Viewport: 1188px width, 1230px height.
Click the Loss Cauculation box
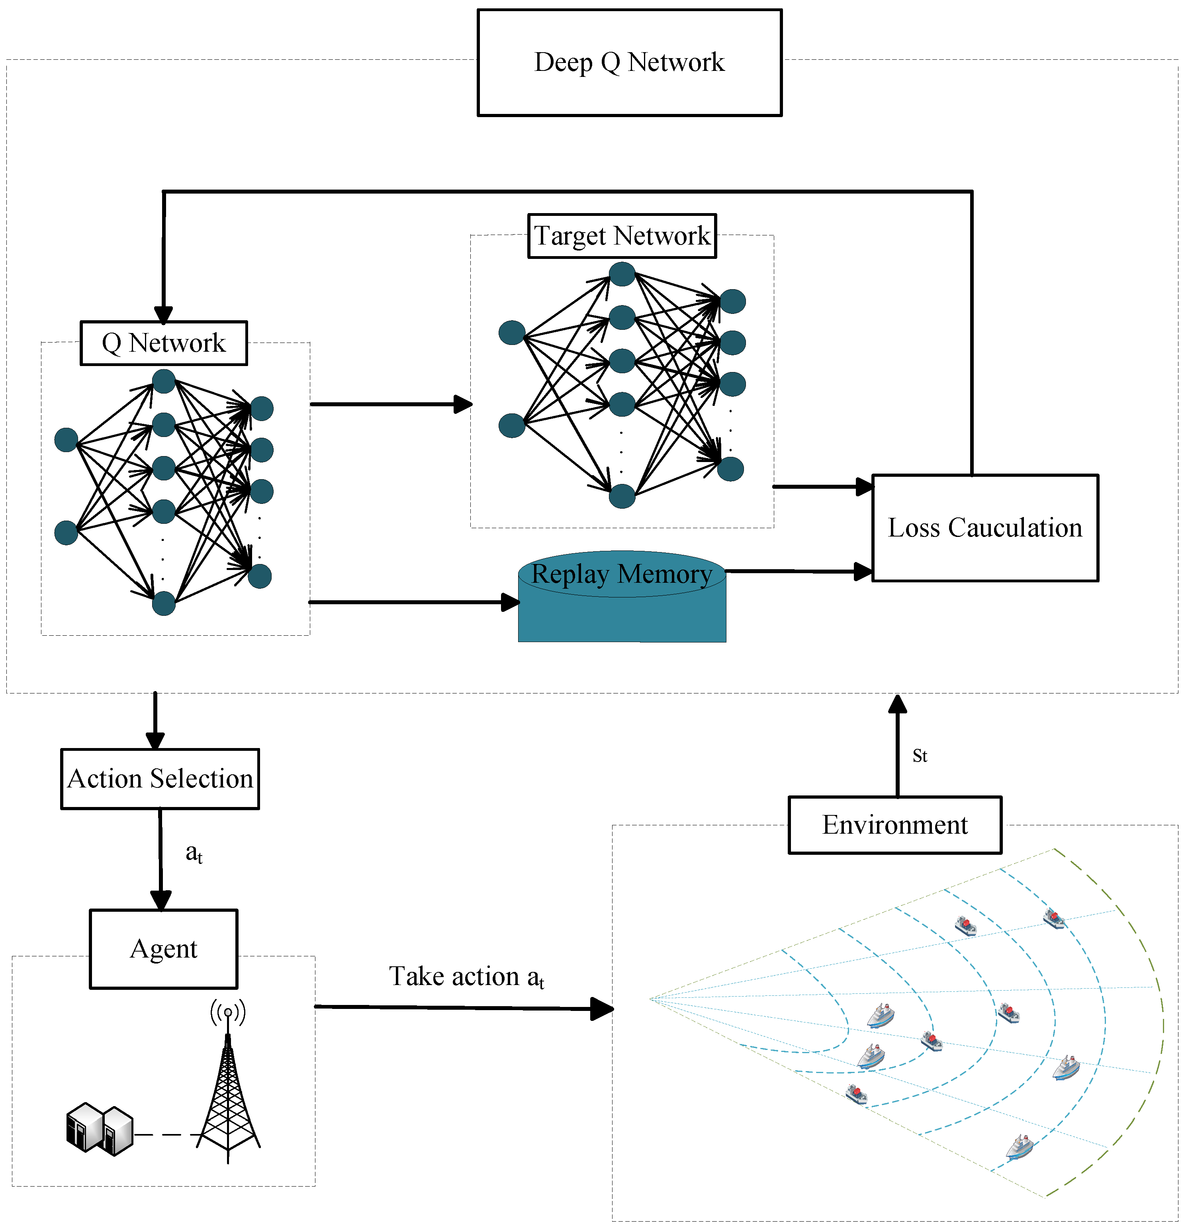click(984, 528)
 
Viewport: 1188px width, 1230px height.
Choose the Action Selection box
click(160, 779)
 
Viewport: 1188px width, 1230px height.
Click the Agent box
click(163, 949)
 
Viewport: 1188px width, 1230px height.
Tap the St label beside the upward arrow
click(920, 756)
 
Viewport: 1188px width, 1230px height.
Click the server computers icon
click(99, 1130)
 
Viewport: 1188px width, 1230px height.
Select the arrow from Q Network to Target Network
click(389, 404)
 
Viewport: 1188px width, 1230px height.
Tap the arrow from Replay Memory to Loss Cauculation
click(797, 571)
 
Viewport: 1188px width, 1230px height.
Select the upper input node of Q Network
click(66, 440)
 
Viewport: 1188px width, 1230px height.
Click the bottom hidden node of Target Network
click(622, 496)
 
